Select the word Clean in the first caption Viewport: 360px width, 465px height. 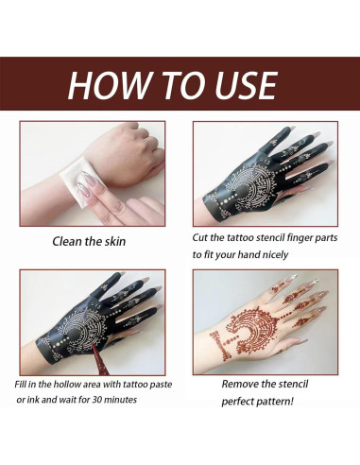coord(68,242)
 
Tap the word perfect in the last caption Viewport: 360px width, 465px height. coord(240,402)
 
